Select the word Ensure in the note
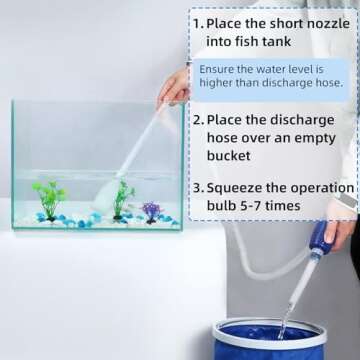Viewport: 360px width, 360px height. (221, 68)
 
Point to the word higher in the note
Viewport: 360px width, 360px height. (220, 83)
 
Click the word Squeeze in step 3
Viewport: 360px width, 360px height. (239, 187)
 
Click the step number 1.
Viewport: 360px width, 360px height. (198, 22)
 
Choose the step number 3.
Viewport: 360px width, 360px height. (198, 187)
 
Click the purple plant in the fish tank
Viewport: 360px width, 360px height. (151, 211)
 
